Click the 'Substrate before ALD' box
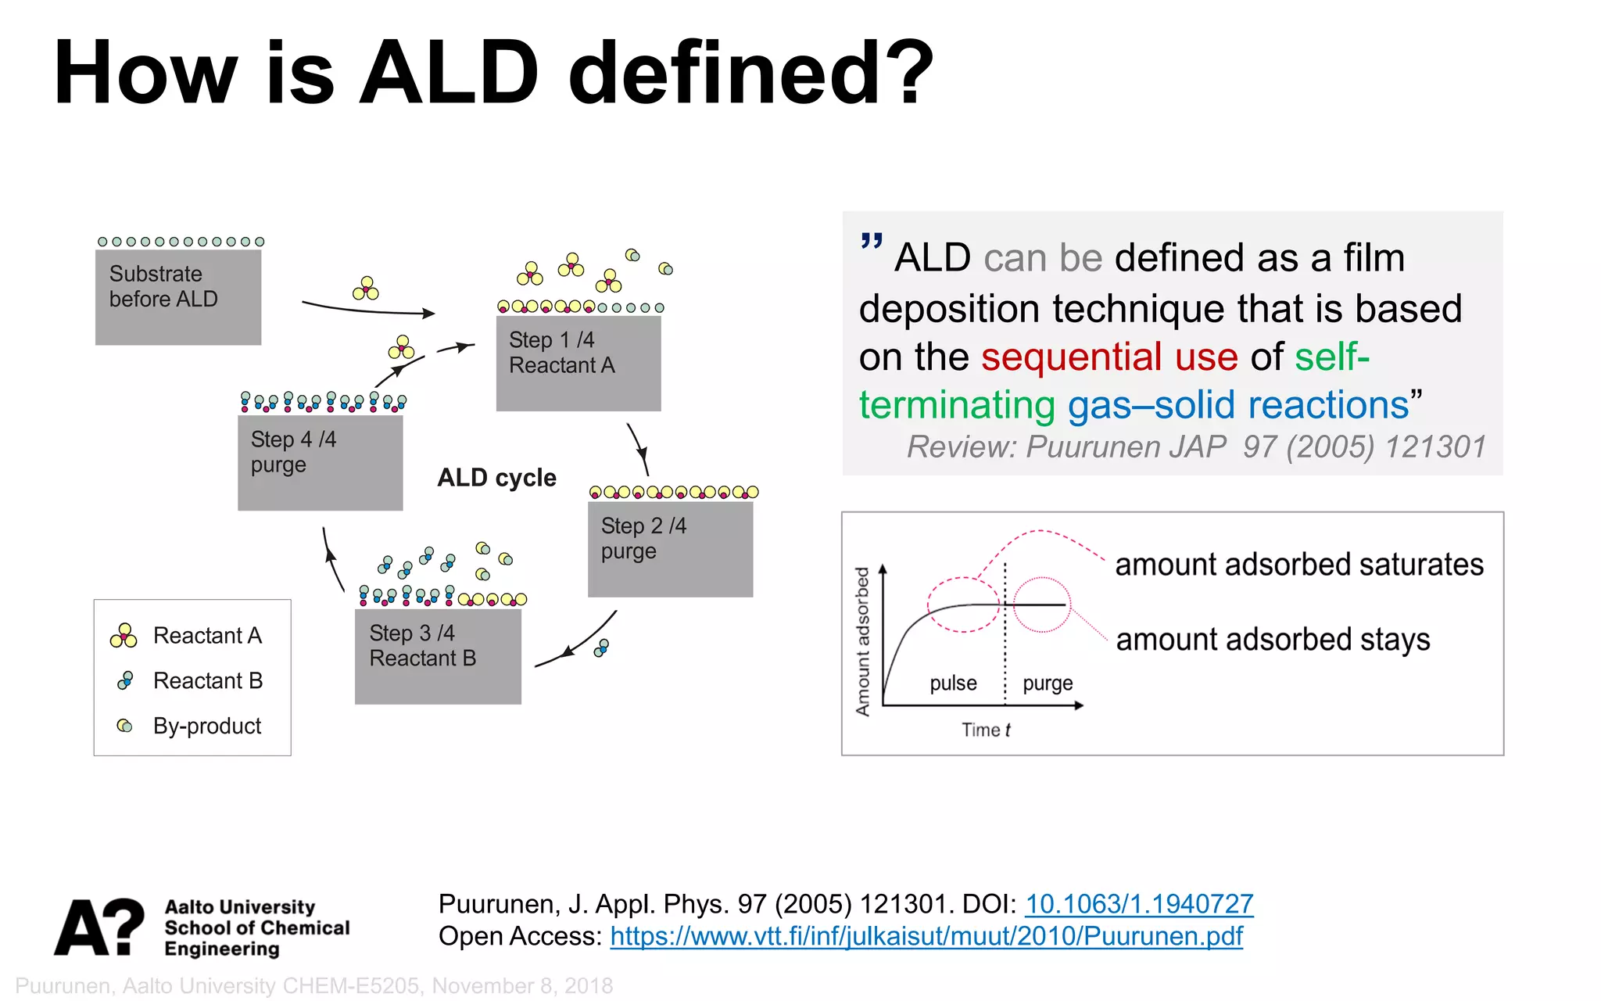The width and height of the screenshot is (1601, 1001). tap(178, 297)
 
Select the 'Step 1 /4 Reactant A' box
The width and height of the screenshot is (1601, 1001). tap(578, 363)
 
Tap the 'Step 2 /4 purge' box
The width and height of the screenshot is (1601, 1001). tap(670, 549)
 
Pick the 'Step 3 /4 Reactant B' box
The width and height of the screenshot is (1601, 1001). tap(438, 656)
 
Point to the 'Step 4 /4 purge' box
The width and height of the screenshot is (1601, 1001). tap(320, 462)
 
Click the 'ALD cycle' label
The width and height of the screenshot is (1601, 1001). tap(496, 477)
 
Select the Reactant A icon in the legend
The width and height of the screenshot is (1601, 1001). tap(124, 636)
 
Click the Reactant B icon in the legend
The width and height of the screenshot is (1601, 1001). tap(125, 680)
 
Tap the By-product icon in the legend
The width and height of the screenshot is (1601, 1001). tap(124, 726)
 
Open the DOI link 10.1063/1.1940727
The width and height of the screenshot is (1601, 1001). tap(1139, 904)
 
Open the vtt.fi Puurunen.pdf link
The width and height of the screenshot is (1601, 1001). tap(926, 936)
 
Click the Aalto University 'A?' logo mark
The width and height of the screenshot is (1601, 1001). tap(99, 927)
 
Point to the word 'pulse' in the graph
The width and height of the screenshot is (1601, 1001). tap(953, 683)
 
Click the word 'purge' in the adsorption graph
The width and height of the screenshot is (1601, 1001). tap(1048, 683)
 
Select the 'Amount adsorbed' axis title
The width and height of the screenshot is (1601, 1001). tap(862, 641)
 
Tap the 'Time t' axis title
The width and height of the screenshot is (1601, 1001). tap(986, 730)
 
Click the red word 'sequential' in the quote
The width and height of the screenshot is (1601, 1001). tap(1071, 357)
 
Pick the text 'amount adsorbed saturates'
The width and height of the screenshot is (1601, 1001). tap(1298, 564)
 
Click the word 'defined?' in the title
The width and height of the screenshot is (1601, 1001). tap(750, 72)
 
